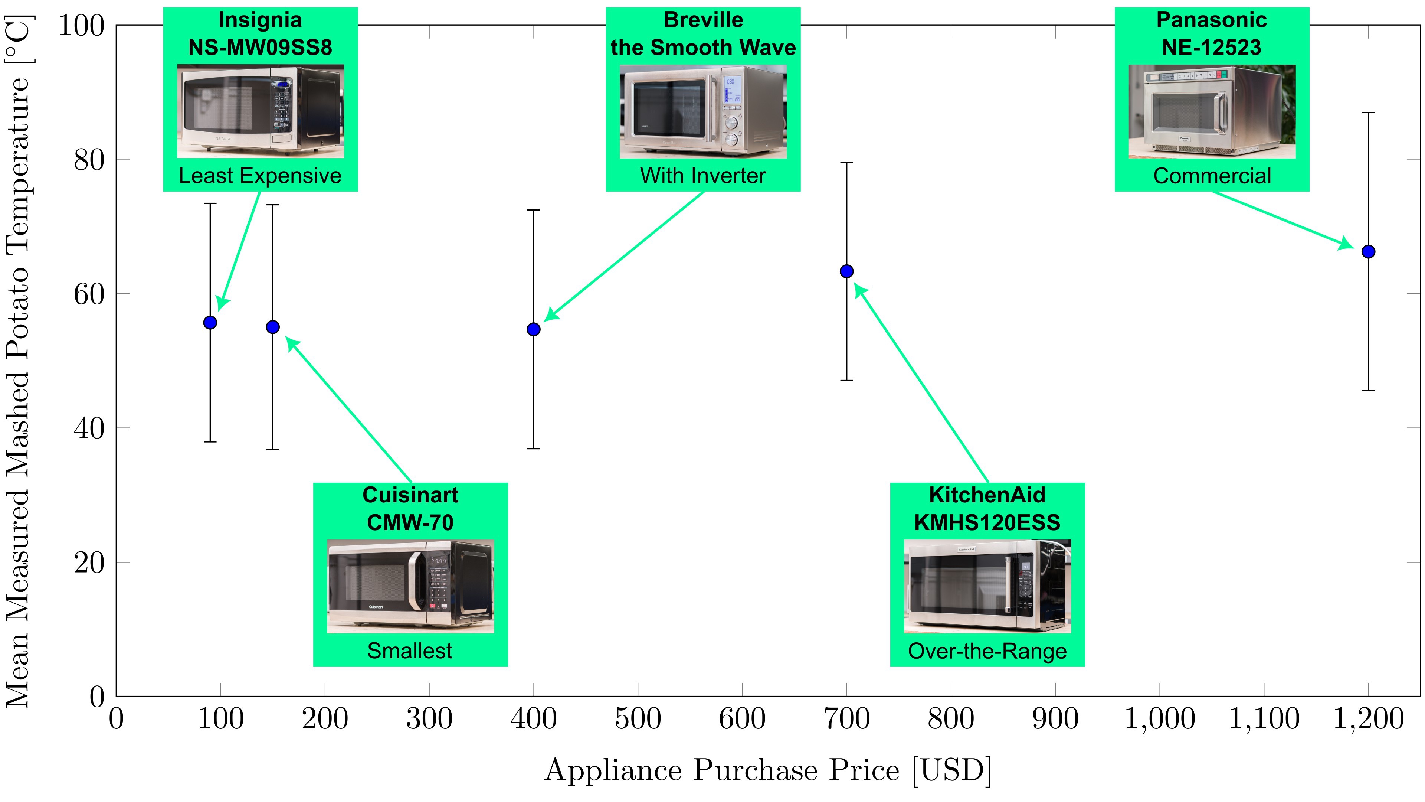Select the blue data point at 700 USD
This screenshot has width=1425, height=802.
(x=846, y=271)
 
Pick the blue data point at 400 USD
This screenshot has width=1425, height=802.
(x=533, y=329)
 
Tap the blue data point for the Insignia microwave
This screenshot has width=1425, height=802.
(x=210, y=323)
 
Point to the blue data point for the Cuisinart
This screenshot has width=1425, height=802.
(x=273, y=327)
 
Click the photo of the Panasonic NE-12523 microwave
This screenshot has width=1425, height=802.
(x=1212, y=111)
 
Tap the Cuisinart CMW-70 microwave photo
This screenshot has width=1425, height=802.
(x=410, y=586)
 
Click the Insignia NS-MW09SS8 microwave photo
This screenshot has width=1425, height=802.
(x=260, y=111)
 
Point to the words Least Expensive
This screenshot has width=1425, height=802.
(x=260, y=176)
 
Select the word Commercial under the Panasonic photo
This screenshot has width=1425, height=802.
(x=1212, y=176)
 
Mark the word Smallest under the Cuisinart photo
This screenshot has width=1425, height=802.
(x=410, y=651)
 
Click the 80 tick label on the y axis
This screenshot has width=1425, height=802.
(x=89, y=160)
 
